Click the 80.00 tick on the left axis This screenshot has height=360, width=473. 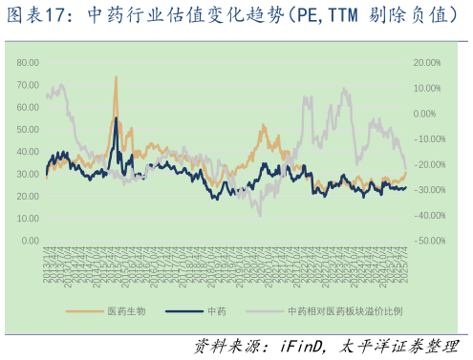click(x=27, y=62)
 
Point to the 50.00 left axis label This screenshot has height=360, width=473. click(x=27, y=129)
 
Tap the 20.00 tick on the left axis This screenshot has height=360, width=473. click(x=27, y=196)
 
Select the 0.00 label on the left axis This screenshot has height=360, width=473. click(x=29, y=241)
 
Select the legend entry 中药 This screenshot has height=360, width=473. click(x=216, y=311)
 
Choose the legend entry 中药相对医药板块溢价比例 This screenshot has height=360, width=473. click(x=344, y=311)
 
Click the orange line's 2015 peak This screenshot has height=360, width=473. click(x=116, y=76)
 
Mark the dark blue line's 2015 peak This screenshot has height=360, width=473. click(x=116, y=117)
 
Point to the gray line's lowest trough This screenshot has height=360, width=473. click(x=259, y=215)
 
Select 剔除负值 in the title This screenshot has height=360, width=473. click(x=409, y=16)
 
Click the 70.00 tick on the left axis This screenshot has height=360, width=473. click(x=27, y=84)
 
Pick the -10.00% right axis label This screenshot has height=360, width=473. click(x=427, y=139)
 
